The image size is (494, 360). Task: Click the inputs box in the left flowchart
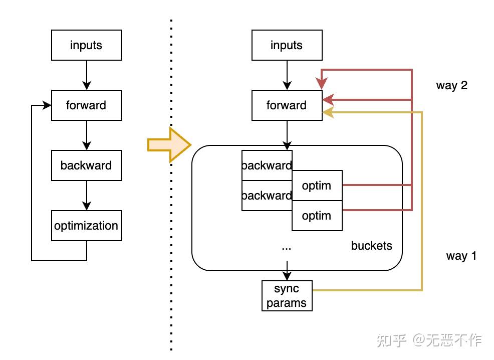pyautogui.click(x=87, y=45)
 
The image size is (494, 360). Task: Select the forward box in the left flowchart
pyautogui.click(x=87, y=105)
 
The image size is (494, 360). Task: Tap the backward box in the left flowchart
pyautogui.click(x=87, y=165)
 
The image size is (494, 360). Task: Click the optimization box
pyautogui.click(x=87, y=226)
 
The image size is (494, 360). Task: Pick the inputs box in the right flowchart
pyautogui.click(x=287, y=45)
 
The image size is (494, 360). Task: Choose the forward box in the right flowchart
pyautogui.click(x=287, y=105)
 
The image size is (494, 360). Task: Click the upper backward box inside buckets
pyautogui.click(x=267, y=165)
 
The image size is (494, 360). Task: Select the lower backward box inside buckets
pyautogui.click(x=267, y=196)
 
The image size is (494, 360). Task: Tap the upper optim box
pyautogui.click(x=317, y=186)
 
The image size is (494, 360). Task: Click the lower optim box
pyautogui.click(x=317, y=216)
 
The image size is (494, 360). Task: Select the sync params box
pyautogui.click(x=287, y=296)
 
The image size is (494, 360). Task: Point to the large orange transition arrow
pyautogui.click(x=169, y=145)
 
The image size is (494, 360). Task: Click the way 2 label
pyautogui.click(x=452, y=85)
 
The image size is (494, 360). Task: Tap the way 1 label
pyautogui.click(x=461, y=256)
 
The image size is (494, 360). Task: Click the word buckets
pyautogui.click(x=371, y=246)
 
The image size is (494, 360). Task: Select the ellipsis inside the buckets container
pyautogui.click(x=287, y=249)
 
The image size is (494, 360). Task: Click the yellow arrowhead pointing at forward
pyautogui.click(x=328, y=112)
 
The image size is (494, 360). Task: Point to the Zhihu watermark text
pyautogui.click(x=429, y=340)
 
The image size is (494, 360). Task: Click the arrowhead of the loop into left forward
pyautogui.click(x=47, y=105)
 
